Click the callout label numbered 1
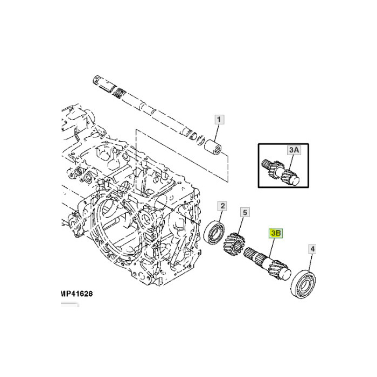(x=219, y=119)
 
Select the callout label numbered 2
(x=222, y=206)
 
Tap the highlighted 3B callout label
(x=276, y=233)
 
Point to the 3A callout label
(x=294, y=150)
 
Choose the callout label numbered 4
(x=312, y=249)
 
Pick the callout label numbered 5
(x=245, y=213)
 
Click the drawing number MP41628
(x=76, y=294)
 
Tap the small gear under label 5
(x=234, y=244)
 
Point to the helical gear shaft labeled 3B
(x=267, y=264)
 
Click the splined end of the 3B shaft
(x=252, y=254)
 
